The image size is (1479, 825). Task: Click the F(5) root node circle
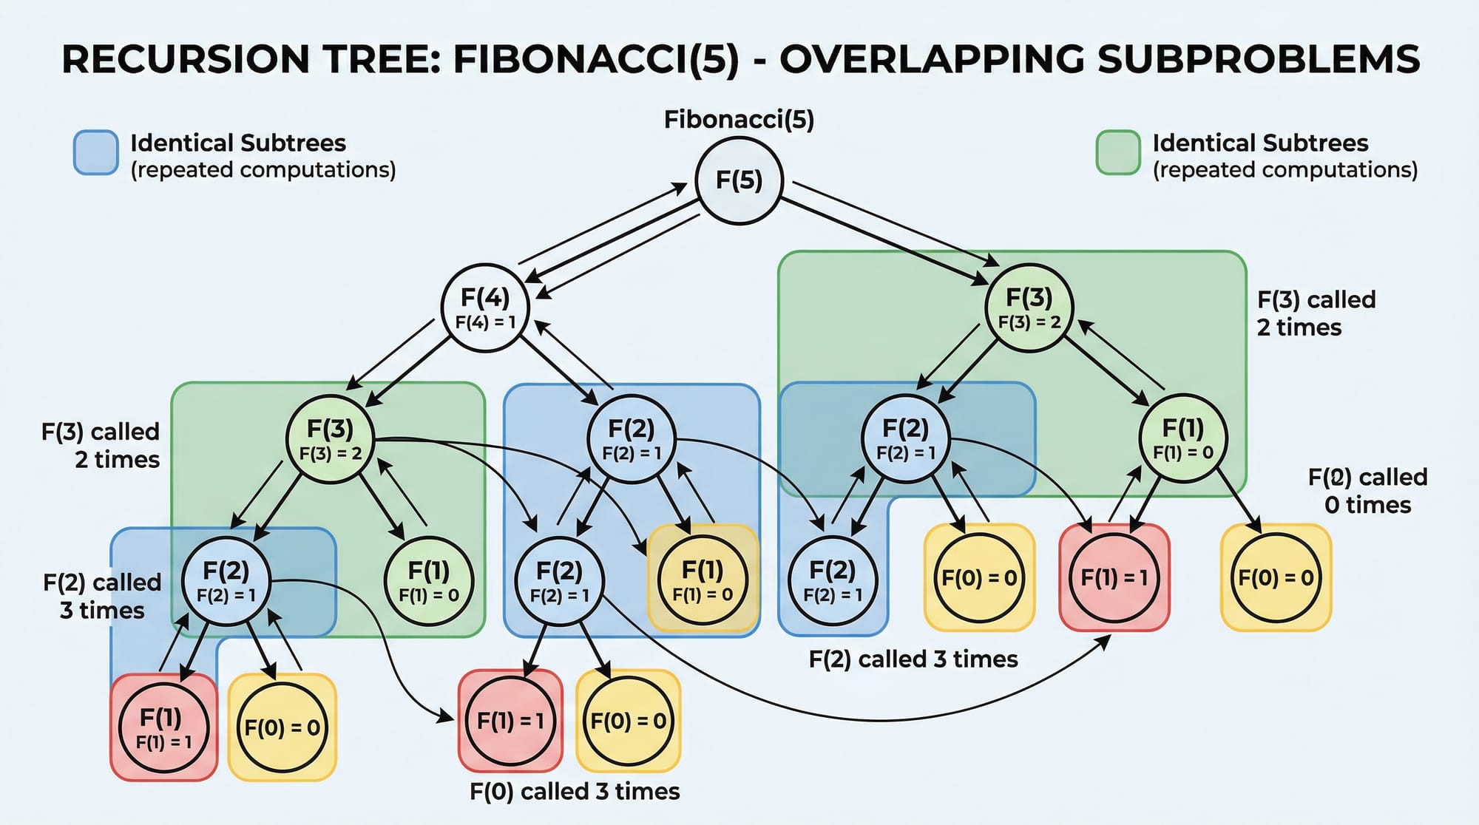(739, 180)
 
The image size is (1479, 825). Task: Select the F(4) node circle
(485, 307)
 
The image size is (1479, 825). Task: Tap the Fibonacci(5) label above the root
(739, 120)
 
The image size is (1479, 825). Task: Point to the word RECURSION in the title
(185, 59)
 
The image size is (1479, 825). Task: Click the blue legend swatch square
(96, 153)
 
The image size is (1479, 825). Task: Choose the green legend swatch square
(1117, 153)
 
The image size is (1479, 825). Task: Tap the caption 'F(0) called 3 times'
(575, 792)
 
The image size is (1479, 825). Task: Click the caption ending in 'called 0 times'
(1367, 491)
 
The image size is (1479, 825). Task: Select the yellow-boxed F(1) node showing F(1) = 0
(703, 579)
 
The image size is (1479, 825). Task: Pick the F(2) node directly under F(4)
(632, 439)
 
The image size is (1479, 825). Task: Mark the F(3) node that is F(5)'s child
(1029, 307)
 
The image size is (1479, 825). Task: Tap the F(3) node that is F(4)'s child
(330, 439)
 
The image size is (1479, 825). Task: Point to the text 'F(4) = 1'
(485, 322)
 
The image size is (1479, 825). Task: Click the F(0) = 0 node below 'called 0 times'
(1276, 578)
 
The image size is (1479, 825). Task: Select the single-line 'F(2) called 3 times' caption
(913, 659)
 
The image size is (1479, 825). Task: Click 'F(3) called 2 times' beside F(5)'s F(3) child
(1316, 313)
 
